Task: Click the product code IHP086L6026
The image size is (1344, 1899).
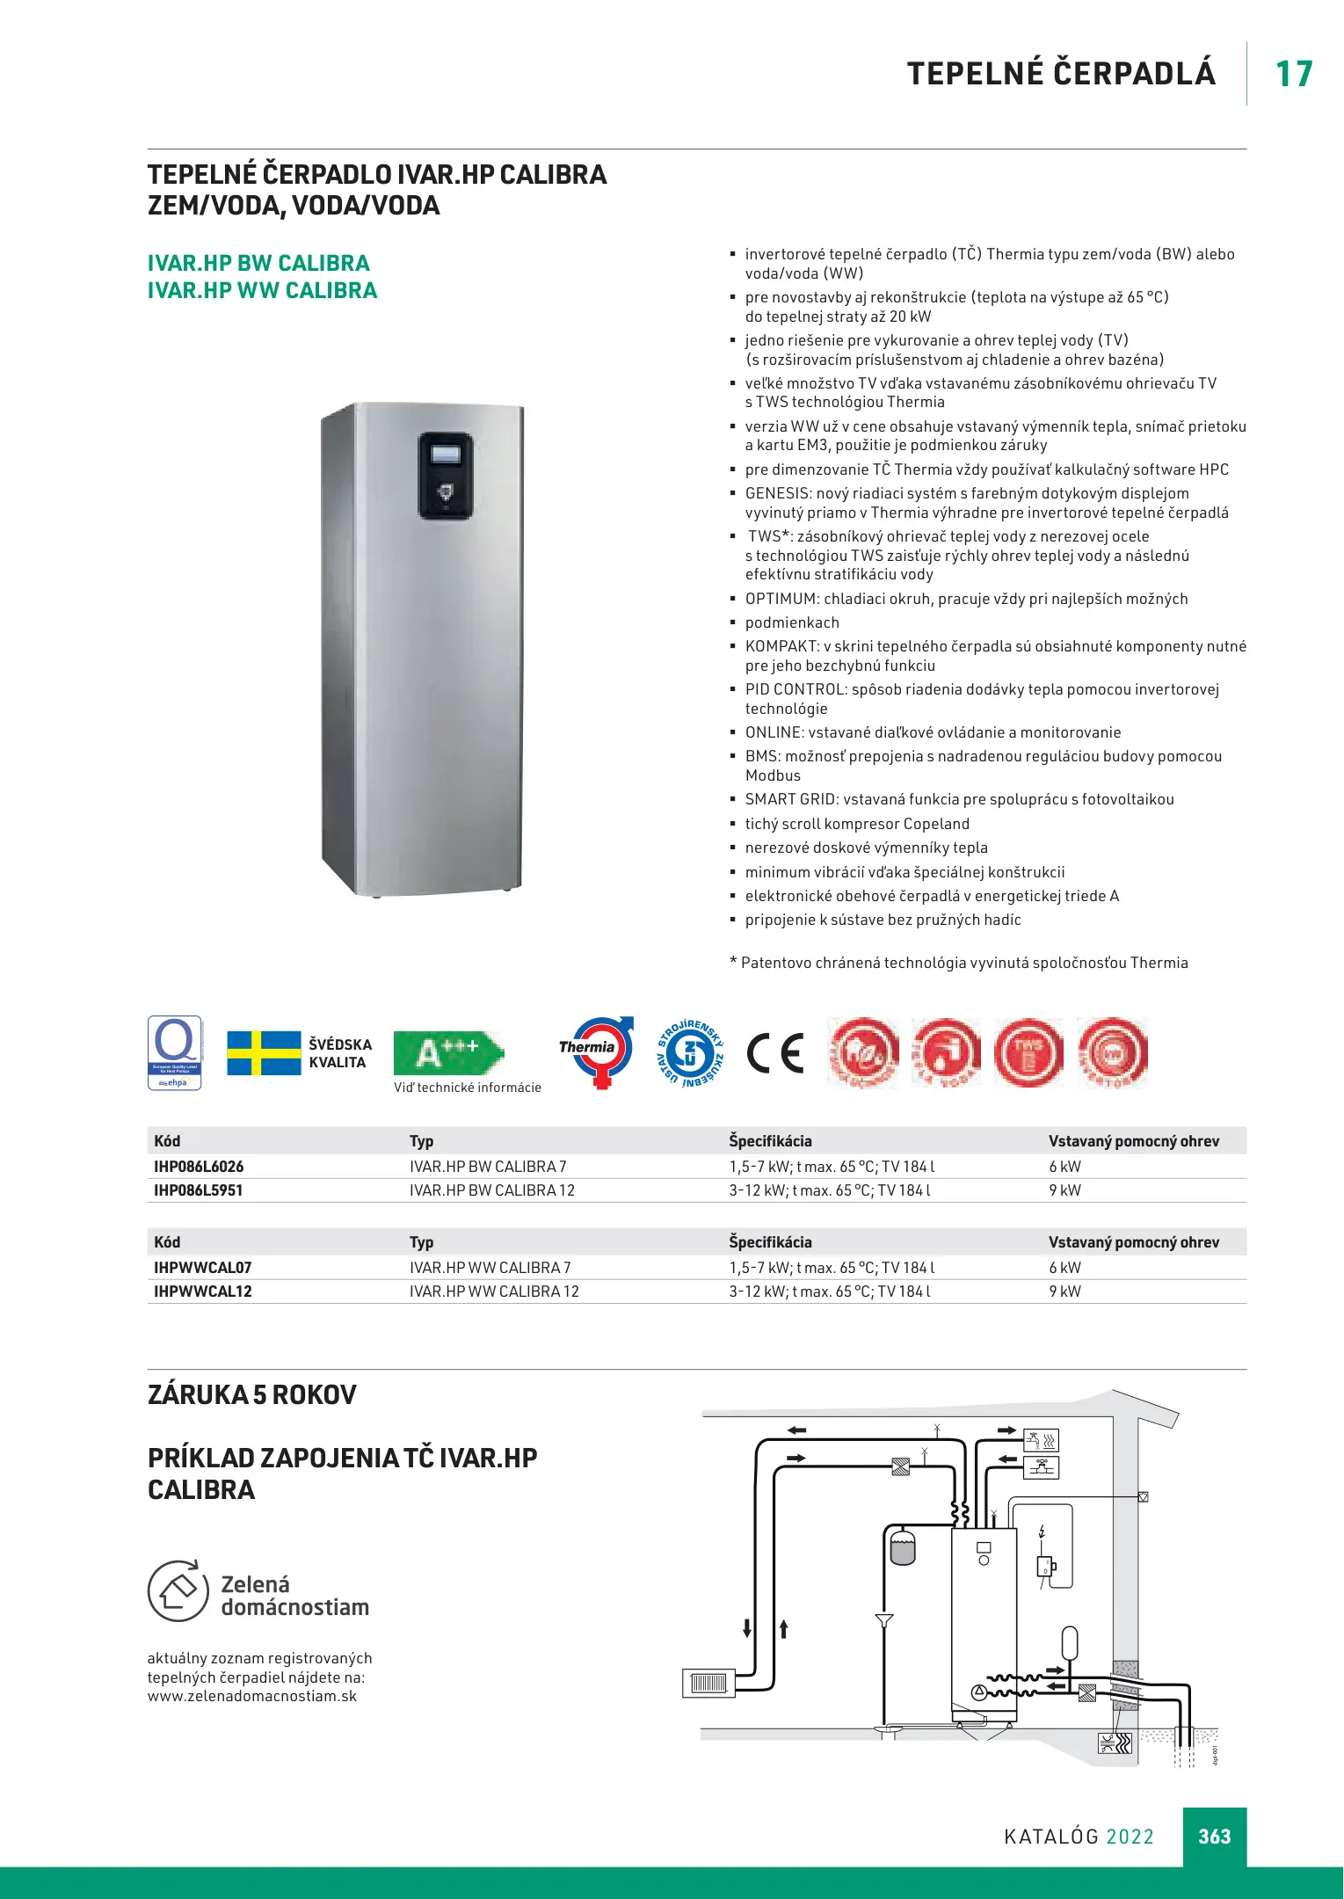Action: point(199,1167)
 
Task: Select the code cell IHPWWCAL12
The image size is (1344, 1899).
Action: point(203,1291)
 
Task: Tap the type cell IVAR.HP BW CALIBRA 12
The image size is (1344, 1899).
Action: point(491,1190)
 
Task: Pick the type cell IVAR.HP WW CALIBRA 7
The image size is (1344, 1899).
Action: point(490,1268)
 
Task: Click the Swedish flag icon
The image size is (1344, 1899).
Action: point(264,1053)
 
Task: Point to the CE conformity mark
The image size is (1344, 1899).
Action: point(775,1053)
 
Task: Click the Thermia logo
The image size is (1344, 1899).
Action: point(597,1051)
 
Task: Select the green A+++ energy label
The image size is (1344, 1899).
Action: point(447,1053)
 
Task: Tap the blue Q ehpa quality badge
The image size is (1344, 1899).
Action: point(175,1052)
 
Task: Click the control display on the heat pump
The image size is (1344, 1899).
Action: point(445,455)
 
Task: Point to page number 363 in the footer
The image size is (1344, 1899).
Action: point(1214,1837)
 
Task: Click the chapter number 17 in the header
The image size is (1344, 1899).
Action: point(1293,74)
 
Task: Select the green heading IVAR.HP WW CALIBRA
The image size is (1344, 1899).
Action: point(262,291)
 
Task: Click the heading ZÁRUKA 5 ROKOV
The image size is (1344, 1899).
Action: point(252,1395)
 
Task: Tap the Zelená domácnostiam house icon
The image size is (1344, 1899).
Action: point(178,1590)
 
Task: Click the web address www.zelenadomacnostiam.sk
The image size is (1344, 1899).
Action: point(252,1697)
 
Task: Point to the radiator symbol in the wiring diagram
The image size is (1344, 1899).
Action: point(708,1683)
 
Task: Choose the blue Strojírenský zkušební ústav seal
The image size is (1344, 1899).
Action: point(691,1053)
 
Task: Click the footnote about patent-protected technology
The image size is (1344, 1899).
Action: point(958,963)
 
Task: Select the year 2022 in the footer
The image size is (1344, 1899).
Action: point(1130,1837)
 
